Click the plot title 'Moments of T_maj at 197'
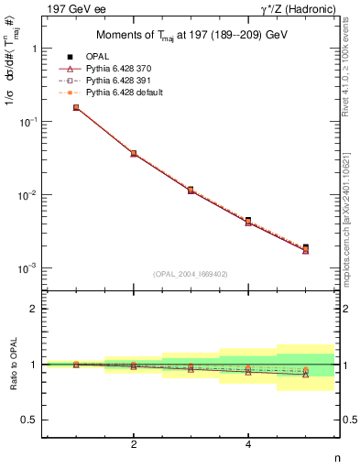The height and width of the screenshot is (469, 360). (x=191, y=36)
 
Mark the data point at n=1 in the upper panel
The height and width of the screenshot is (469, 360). (x=76, y=107)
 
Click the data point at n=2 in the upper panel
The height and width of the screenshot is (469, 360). (x=134, y=153)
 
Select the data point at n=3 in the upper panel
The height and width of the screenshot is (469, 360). (x=191, y=190)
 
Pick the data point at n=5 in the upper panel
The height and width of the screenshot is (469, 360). (x=305, y=248)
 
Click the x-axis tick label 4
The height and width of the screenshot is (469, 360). (x=248, y=445)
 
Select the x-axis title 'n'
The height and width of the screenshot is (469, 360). (x=337, y=459)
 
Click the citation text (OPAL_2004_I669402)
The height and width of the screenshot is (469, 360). (x=191, y=273)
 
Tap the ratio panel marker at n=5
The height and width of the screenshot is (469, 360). (x=305, y=372)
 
